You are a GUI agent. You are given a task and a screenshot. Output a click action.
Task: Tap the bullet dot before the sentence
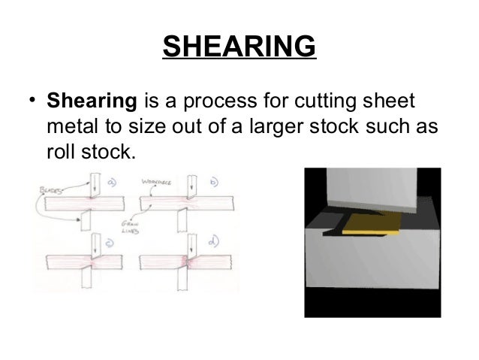pyautogui.click(x=33, y=101)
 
